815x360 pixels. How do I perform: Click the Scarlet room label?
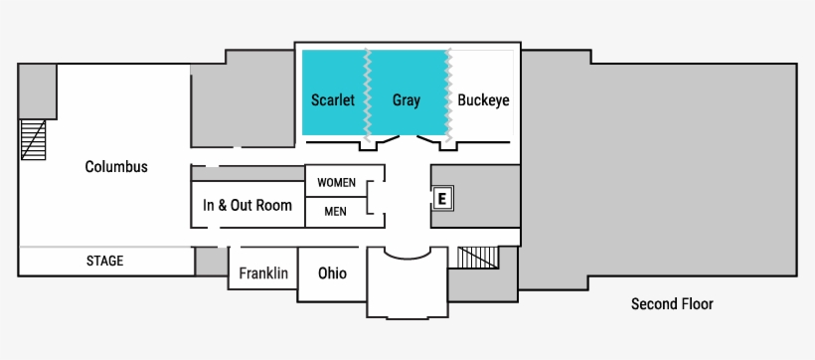point(333,100)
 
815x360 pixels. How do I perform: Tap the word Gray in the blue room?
point(407,100)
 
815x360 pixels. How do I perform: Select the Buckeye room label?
point(483,100)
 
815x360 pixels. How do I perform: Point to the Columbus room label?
point(116,166)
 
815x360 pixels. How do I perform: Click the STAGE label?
point(104,262)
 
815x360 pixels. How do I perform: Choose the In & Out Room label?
point(247,205)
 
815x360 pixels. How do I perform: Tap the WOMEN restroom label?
point(336,182)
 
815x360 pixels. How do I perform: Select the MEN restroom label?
point(336,211)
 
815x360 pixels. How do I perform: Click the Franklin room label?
point(263,272)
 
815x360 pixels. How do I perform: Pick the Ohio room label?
point(332,272)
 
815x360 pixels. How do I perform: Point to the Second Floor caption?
point(672,304)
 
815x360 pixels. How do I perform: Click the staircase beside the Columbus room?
point(34,139)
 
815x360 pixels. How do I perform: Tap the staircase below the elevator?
point(477,257)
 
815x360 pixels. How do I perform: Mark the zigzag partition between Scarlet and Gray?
point(369,94)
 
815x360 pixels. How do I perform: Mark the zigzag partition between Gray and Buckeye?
point(450,94)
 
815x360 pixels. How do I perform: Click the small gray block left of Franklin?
point(211,262)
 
